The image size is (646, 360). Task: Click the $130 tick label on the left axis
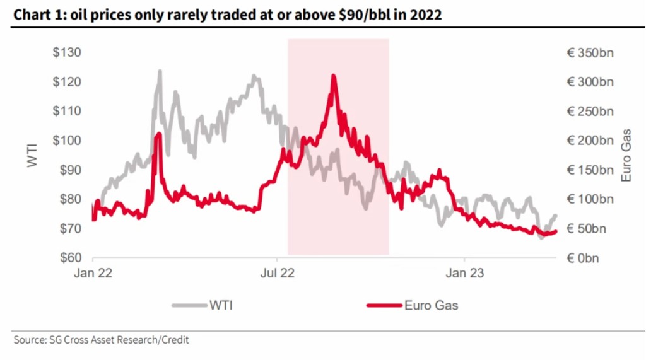(x=66, y=53)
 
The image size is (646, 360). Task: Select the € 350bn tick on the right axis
(x=590, y=53)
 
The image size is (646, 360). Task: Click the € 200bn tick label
(x=590, y=141)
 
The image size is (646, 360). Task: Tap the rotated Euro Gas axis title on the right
(x=626, y=155)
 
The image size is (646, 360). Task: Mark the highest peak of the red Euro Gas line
(x=333, y=76)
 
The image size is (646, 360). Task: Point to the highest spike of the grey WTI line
(x=160, y=71)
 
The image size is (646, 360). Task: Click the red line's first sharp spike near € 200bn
(x=158, y=134)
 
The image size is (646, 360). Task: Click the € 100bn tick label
(x=590, y=199)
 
